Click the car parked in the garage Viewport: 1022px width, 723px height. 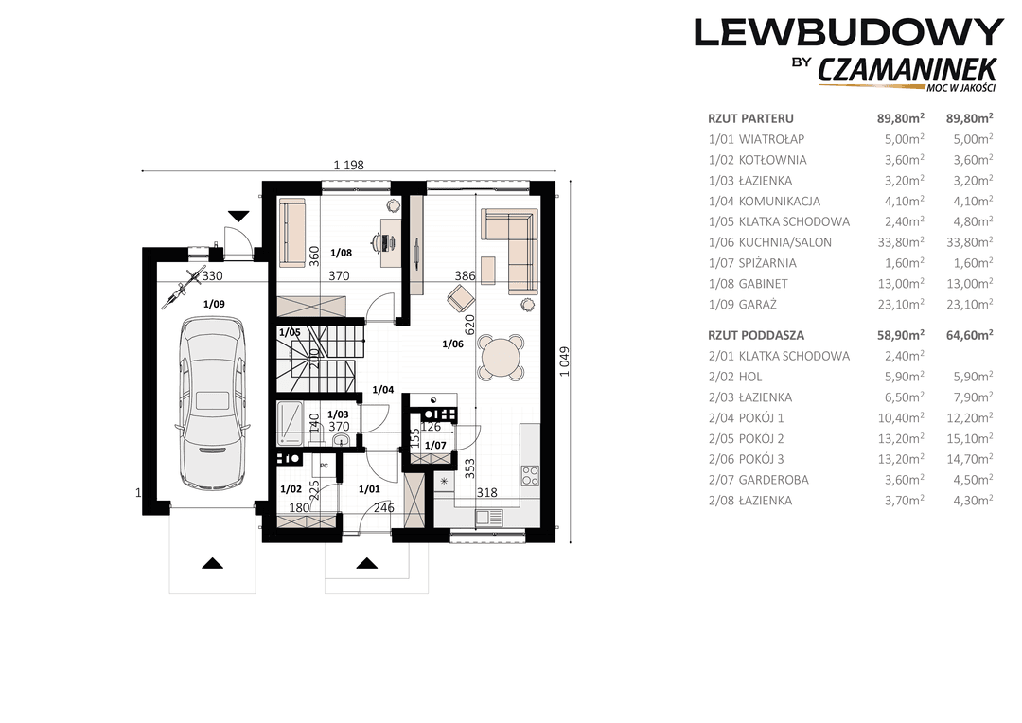pos(213,402)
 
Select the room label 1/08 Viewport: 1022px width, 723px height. pos(341,253)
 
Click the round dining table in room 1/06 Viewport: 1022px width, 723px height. pos(501,358)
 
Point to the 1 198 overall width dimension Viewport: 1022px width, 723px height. pos(348,165)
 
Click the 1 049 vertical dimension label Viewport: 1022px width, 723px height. pos(564,361)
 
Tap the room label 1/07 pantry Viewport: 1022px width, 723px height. pos(434,446)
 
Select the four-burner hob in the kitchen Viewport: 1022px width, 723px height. pos(530,475)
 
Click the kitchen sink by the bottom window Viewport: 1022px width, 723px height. pos(489,518)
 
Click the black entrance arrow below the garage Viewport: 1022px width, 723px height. pos(213,563)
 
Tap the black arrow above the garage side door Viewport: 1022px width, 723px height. pos(239,216)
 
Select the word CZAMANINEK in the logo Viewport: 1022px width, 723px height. pos(907,70)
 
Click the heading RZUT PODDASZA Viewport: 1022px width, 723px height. pos(756,335)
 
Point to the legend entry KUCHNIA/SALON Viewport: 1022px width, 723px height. pos(784,242)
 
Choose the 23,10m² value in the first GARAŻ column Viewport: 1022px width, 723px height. pos(901,304)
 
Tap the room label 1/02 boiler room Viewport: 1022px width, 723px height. pos(291,489)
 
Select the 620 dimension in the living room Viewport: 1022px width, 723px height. pos(470,324)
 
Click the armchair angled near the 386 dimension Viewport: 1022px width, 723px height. pos(460,299)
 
